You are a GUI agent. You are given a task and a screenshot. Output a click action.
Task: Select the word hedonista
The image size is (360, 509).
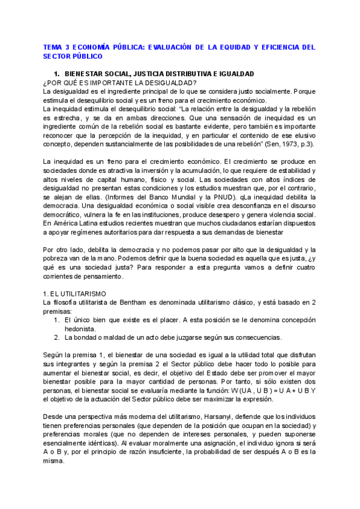82,329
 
